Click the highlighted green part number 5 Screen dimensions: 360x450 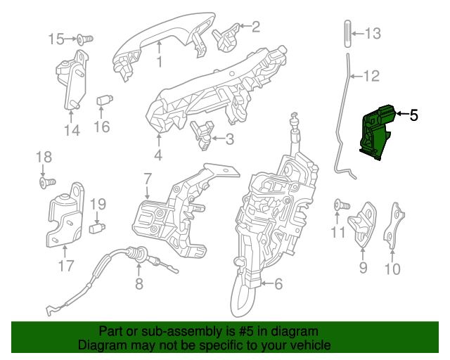click(x=375, y=134)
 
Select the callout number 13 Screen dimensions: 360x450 click(x=372, y=32)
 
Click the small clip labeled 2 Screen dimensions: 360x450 click(x=227, y=37)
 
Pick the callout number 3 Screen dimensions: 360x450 click(x=229, y=139)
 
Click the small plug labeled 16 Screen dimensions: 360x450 click(x=104, y=100)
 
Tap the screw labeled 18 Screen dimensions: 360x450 click(x=47, y=183)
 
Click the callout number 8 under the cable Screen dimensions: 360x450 click(x=139, y=284)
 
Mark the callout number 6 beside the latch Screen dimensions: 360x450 click(x=278, y=285)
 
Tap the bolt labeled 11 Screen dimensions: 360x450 click(x=342, y=205)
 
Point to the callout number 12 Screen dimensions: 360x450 click(x=371, y=75)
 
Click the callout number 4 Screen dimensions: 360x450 click(x=158, y=155)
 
